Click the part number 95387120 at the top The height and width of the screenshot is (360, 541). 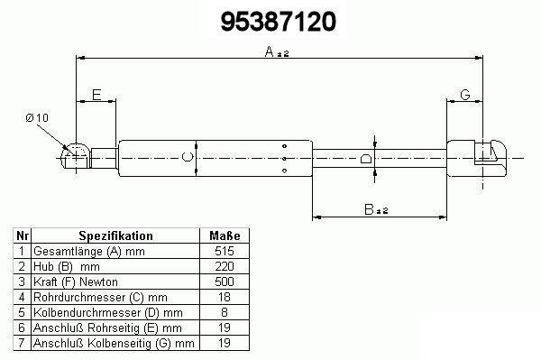(278, 22)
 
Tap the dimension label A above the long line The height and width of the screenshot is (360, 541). (270, 51)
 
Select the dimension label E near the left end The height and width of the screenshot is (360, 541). (96, 95)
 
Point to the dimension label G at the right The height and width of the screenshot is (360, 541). (465, 94)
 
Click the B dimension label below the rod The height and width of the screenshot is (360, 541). (369, 209)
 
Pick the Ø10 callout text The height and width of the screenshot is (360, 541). (37, 118)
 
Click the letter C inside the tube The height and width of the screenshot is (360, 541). (188, 157)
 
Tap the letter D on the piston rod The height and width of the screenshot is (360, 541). (366, 159)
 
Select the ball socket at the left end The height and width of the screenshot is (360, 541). (75, 157)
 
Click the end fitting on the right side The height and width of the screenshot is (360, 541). (476, 158)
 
